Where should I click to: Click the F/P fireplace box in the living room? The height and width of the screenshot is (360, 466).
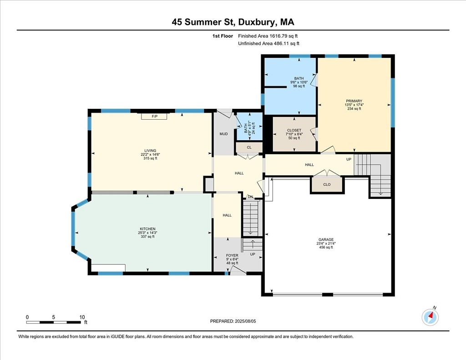click(154, 116)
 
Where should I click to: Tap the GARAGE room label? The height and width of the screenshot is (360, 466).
click(326, 239)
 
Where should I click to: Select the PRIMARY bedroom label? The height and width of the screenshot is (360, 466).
click(354, 101)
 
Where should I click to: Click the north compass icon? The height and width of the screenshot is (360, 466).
click(430, 317)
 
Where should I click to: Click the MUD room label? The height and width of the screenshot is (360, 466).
click(223, 134)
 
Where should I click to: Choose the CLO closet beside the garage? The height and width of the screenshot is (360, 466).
click(327, 184)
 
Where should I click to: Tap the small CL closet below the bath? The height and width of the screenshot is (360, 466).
click(249, 147)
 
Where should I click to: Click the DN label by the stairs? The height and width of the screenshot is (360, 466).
click(251, 197)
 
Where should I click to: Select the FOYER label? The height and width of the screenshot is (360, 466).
click(232, 255)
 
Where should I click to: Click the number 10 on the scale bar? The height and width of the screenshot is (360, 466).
click(82, 317)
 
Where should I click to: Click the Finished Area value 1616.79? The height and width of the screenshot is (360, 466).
click(279, 36)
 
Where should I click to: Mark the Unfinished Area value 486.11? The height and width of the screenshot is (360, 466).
click(282, 43)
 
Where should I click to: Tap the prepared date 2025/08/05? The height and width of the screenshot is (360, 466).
click(245, 321)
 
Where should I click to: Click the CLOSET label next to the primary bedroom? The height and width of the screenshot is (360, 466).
click(294, 130)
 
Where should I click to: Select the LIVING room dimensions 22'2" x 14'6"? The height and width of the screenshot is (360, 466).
click(150, 155)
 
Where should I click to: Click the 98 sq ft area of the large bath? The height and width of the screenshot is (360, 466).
click(299, 86)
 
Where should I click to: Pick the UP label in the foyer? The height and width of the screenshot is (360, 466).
click(253, 254)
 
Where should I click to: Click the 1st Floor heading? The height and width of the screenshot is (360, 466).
click(223, 36)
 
